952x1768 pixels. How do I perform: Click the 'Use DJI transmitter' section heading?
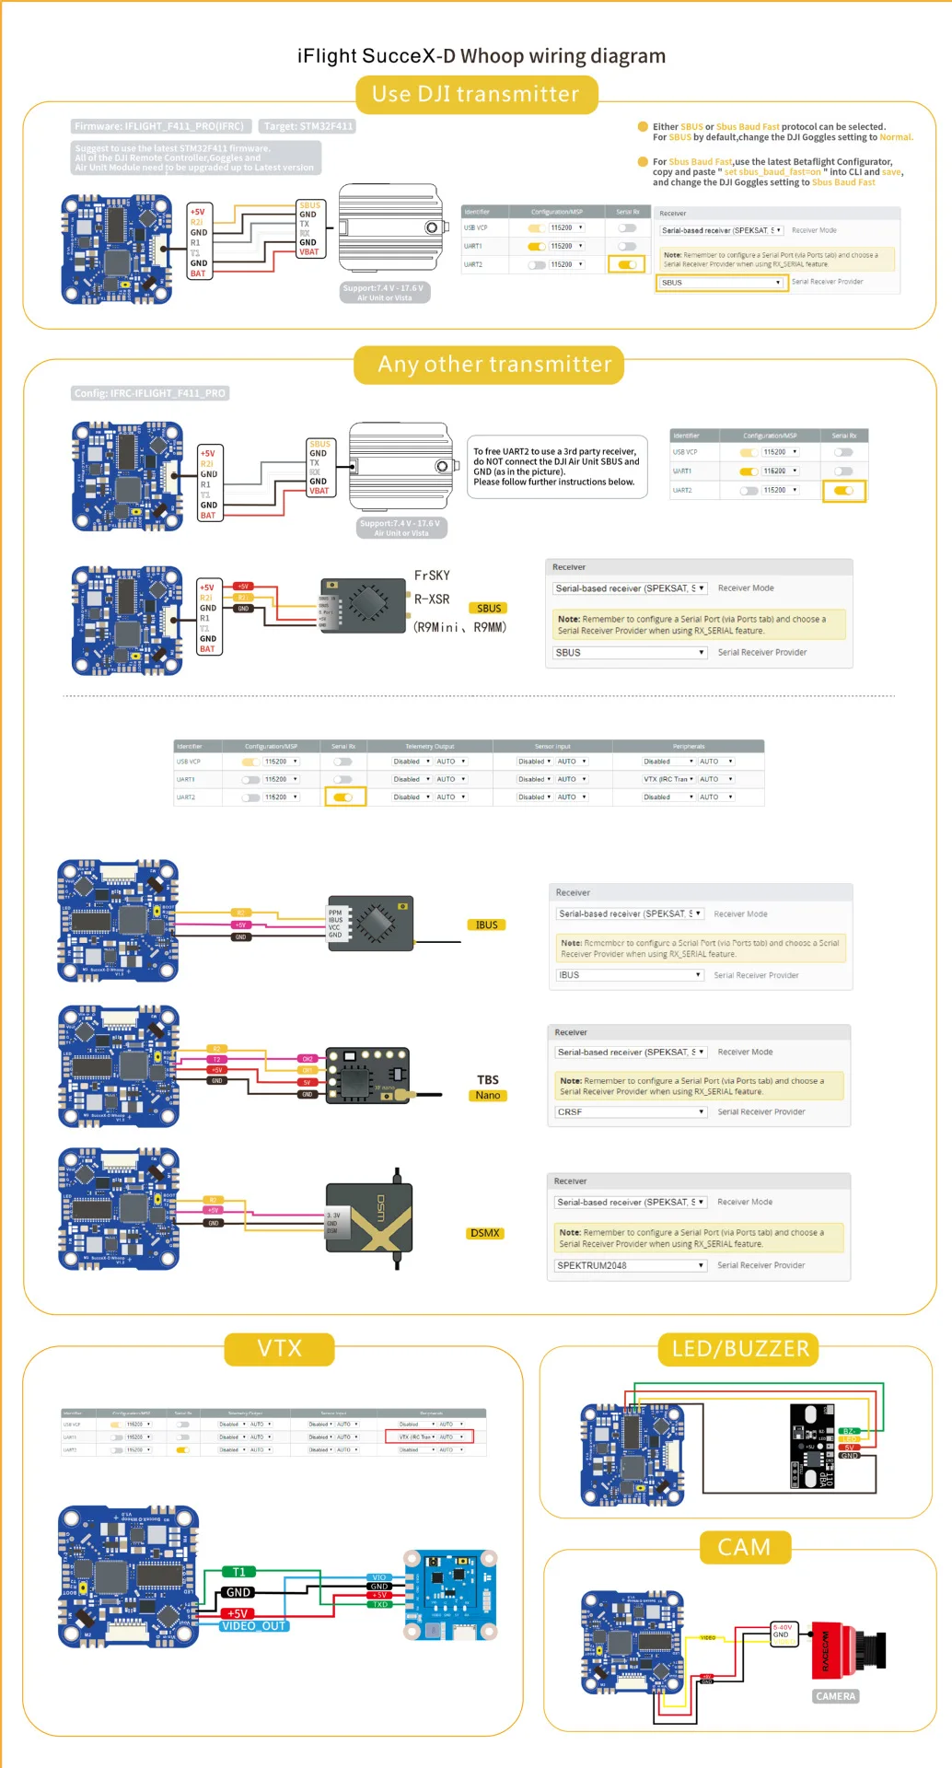(x=476, y=94)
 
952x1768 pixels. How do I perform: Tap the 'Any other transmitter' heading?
(x=494, y=365)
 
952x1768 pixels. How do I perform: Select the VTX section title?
(x=279, y=1348)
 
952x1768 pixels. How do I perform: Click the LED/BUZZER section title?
(x=739, y=1349)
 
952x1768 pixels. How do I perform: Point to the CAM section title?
(x=744, y=1547)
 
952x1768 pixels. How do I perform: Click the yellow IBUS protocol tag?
(x=486, y=925)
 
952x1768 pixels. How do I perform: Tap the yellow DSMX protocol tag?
(x=484, y=1233)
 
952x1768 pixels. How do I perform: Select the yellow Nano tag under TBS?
(x=488, y=1096)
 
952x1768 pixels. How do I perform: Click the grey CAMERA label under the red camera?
(x=835, y=1696)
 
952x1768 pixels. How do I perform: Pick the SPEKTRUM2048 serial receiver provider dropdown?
(x=630, y=1265)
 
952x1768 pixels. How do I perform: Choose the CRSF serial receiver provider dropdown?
(x=630, y=1111)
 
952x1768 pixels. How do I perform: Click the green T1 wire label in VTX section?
(x=238, y=1572)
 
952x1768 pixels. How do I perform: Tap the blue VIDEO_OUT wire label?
(x=254, y=1626)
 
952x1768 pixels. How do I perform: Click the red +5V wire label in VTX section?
(x=238, y=1613)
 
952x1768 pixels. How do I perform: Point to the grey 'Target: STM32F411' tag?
(x=308, y=126)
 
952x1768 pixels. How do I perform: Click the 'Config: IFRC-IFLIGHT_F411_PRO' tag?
(x=150, y=393)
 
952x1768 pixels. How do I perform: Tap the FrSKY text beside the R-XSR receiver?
(x=432, y=576)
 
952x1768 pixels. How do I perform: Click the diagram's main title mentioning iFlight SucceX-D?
(x=481, y=56)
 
